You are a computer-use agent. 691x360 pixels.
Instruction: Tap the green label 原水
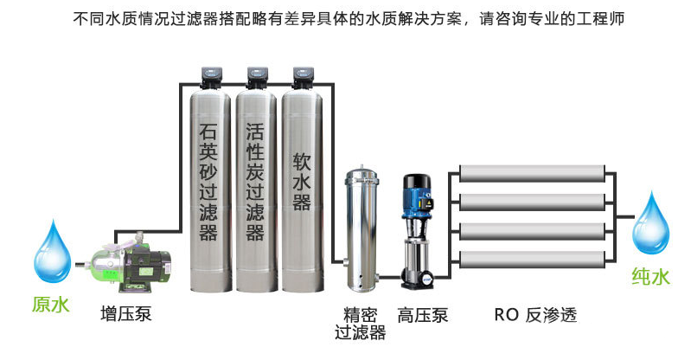(x=50, y=305)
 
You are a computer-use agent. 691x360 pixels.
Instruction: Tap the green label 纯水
(x=649, y=278)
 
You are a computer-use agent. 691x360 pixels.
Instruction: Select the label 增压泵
(x=126, y=312)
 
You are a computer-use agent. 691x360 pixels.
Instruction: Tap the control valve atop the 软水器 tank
(x=302, y=77)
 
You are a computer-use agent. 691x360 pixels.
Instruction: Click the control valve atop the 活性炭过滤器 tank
(x=256, y=77)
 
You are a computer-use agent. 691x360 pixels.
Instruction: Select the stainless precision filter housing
(x=361, y=229)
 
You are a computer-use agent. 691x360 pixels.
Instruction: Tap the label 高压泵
(x=423, y=313)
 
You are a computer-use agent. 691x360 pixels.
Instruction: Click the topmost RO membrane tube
(x=532, y=172)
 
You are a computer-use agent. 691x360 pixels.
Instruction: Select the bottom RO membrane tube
(x=532, y=258)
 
